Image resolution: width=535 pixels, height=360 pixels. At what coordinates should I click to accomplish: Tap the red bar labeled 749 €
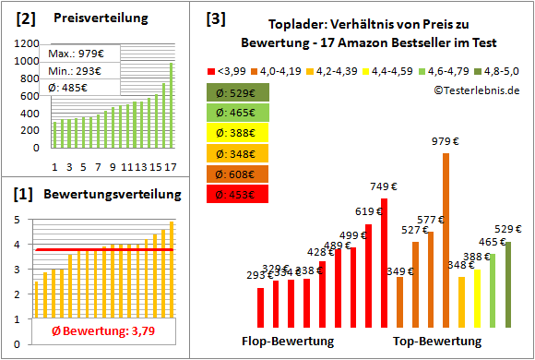pos(384,262)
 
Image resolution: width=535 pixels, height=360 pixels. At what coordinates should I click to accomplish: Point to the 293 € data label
pos(259,274)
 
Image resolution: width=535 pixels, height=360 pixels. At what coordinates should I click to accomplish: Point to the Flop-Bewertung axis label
pos(288,341)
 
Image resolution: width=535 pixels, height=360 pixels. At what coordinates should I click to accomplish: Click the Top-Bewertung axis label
pos(437,341)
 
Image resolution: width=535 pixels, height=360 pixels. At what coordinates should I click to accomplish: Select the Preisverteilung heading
pos(91,18)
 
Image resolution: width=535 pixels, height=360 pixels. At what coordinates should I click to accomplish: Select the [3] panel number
pos(216,18)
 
